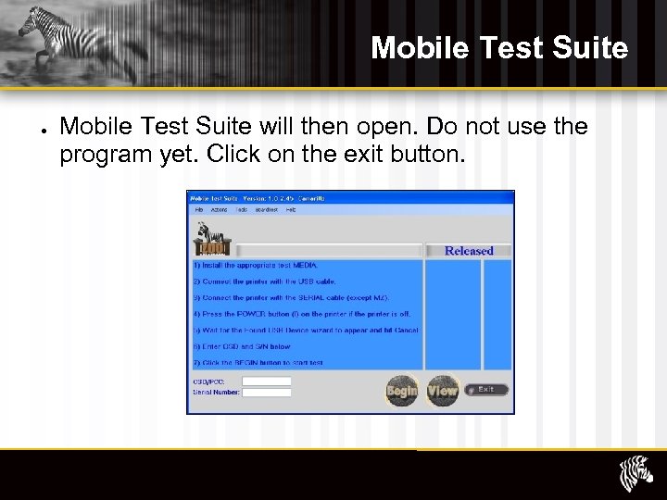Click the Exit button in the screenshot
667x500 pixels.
[x=485, y=390]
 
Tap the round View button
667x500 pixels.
[x=442, y=391]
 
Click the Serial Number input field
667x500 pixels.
[x=267, y=393]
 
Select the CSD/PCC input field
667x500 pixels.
[x=267, y=381]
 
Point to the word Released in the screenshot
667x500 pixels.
[x=469, y=251]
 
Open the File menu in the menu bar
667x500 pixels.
[x=197, y=210]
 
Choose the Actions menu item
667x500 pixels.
[x=219, y=210]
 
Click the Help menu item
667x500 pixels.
[x=290, y=210]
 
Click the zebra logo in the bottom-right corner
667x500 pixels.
[x=636, y=474]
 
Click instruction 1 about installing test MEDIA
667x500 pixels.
[x=255, y=265]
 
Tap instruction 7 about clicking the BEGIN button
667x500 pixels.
[x=258, y=363]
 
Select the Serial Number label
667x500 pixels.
[x=216, y=393]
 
